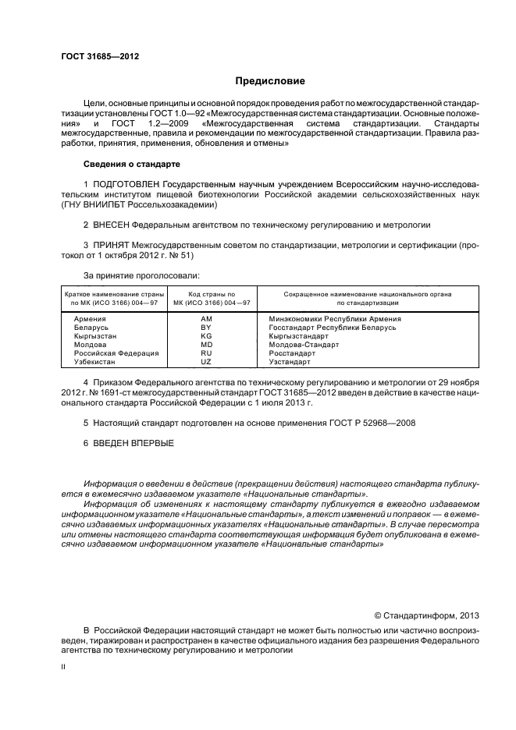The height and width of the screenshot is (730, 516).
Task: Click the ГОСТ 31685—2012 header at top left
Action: point(95,56)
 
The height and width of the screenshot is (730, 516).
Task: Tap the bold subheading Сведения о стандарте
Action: point(131,165)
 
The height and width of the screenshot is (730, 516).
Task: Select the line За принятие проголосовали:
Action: point(130,275)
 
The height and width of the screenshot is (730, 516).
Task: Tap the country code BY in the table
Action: point(206,328)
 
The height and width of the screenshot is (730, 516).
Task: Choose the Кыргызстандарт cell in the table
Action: point(298,336)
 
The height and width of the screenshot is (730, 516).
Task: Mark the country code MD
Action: point(206,345)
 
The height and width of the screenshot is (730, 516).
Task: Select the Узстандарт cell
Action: point(290,362)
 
